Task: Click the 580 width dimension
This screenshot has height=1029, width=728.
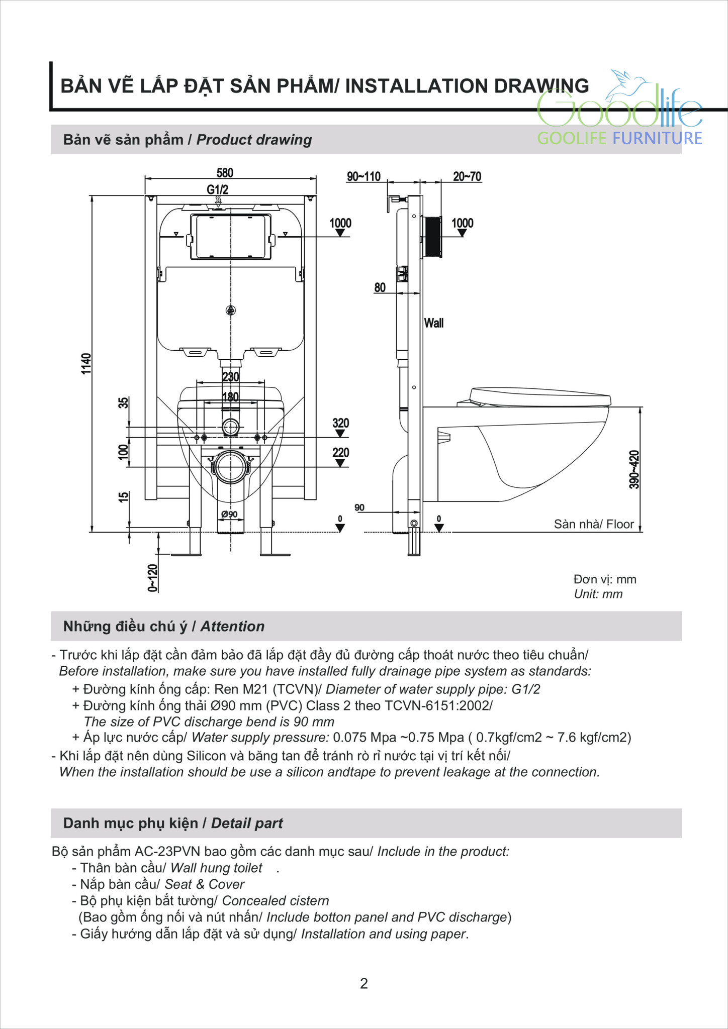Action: coord(225,173)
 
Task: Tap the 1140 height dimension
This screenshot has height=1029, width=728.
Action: coord(87,363)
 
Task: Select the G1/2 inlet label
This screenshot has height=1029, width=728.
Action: coord(217,189)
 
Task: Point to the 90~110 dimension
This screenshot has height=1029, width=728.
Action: coord(363,176)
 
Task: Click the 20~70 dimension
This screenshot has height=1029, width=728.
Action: coord(467,176)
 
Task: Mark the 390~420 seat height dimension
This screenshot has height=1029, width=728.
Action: coord(634,469)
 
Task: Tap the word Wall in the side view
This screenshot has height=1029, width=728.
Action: coord(433,323)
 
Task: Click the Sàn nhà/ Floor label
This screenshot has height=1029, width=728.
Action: coord(593,524)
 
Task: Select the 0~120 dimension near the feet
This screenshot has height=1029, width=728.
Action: coord(153,578)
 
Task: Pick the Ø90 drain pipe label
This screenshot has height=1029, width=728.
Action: coord(229,514)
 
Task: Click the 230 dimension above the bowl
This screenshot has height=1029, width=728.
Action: coord(230,376)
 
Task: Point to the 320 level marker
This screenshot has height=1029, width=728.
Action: coord(340,423)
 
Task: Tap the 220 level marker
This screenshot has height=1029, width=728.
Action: coord(340,453)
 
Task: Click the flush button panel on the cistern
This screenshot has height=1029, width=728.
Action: coord(231,236)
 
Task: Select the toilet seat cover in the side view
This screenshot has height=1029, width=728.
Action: coord(540,397)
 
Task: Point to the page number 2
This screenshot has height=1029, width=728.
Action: coord(364,983)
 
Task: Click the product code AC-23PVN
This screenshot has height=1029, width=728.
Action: coord(167,851)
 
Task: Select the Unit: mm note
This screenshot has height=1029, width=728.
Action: coord(598,594)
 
